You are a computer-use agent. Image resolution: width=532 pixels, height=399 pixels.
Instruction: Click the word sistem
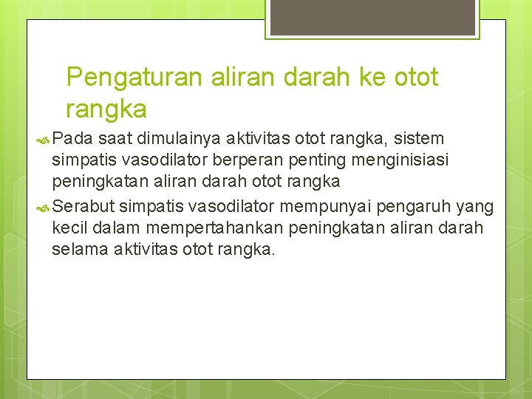(419, 139)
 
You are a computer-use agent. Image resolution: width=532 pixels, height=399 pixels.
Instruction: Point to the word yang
(476, 205)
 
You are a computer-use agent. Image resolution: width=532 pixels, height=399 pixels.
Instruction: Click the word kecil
(70, 227)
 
